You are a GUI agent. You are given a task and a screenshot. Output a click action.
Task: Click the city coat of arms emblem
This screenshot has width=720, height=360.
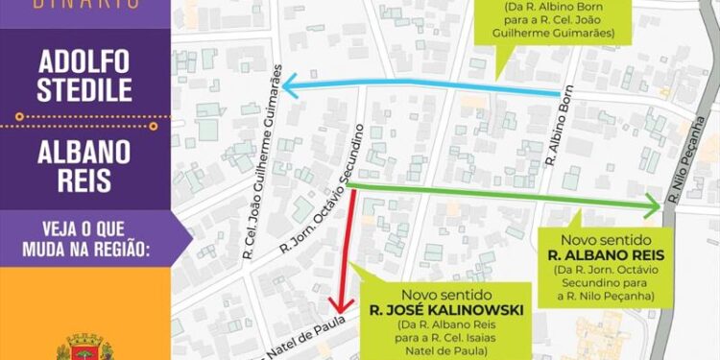85,347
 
